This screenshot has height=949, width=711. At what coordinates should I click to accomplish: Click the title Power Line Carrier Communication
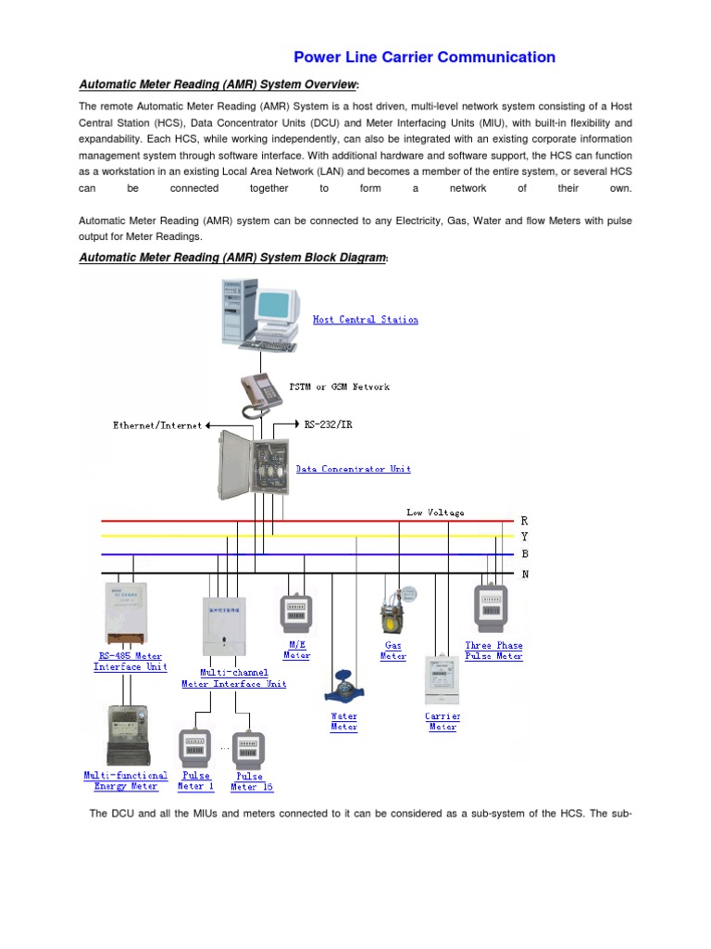pos(425,57)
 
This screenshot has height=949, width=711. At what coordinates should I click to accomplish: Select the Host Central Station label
pos(365,320)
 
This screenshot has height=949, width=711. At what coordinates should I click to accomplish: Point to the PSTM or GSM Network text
pos(341,386)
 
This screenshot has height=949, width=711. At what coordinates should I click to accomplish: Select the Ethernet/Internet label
pos(156,425)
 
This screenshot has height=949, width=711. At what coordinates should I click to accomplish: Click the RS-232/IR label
pos(328,424)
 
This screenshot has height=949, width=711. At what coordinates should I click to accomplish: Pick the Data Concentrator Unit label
pos(353,469)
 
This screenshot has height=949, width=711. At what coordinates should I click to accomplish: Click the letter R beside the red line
pos(524,521)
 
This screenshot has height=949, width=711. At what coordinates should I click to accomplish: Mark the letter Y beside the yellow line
pos(524,538)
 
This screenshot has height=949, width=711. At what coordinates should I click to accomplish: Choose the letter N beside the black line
pos(524,574)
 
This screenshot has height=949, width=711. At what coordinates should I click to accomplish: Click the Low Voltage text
pos(435,512)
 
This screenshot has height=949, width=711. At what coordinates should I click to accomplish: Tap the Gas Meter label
pos(393,651)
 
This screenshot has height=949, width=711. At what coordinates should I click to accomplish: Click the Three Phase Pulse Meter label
pos(493,651)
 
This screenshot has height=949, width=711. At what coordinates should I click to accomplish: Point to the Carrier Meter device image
pos(443,681)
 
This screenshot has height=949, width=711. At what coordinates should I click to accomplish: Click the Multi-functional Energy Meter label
pos(126,780)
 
